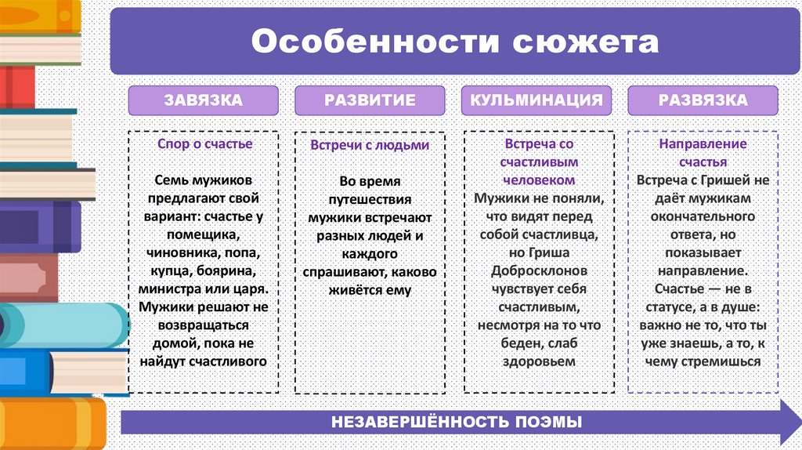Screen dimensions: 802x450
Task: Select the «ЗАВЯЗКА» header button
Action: (203, 100)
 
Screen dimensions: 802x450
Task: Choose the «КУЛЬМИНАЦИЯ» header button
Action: (536, 100)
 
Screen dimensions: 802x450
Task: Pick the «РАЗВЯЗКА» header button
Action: (703, 100)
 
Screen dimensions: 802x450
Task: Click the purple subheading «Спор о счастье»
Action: (205, 144)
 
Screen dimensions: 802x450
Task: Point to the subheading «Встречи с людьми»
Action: (370, 145)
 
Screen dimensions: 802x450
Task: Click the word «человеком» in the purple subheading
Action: (536, 180)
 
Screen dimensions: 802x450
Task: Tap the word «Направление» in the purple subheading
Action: (703, 144)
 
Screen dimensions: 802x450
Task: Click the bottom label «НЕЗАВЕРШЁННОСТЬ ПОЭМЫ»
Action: (457, 422)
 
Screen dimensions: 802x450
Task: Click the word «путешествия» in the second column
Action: (370, 198)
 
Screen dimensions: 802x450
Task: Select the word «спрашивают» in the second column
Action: (340, 271)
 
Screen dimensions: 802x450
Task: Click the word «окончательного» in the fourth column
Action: (703, 216)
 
